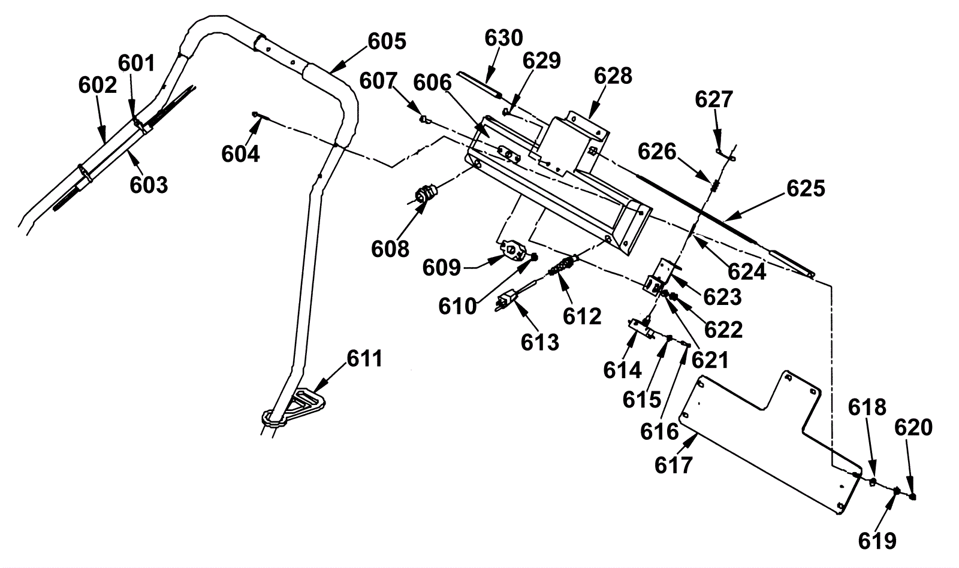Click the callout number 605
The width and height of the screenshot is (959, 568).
click(x=387, y=41)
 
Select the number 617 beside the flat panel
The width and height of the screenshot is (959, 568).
click(x=674, y=466)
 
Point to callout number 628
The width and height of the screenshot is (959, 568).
click(x=613, y=76)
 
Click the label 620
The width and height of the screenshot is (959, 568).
click(x=913, y=427)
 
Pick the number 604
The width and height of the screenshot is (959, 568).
click(x=240, y=153)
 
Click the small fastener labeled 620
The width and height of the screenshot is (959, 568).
click(x=912, y=497)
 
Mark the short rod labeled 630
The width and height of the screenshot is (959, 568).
click(x=479, y=85)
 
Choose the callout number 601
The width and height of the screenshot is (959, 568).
click(x=136, y=64)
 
